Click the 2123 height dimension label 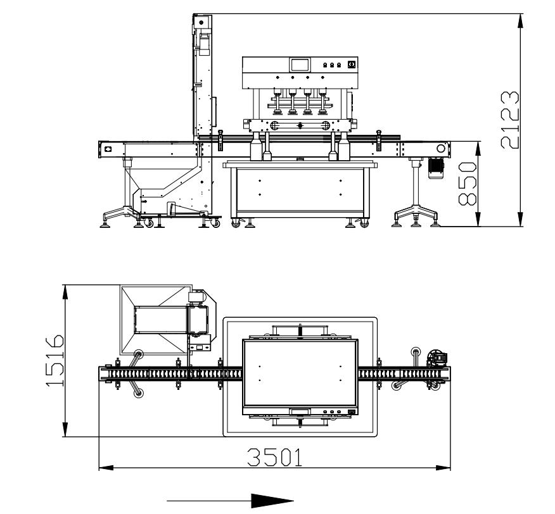(x=509, y=120)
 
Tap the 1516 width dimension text (x=55, y=360)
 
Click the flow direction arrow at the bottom (x=231, y=501)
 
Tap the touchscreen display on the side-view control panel (x=300, y=65)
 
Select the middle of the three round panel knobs (x=332, y=65)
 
